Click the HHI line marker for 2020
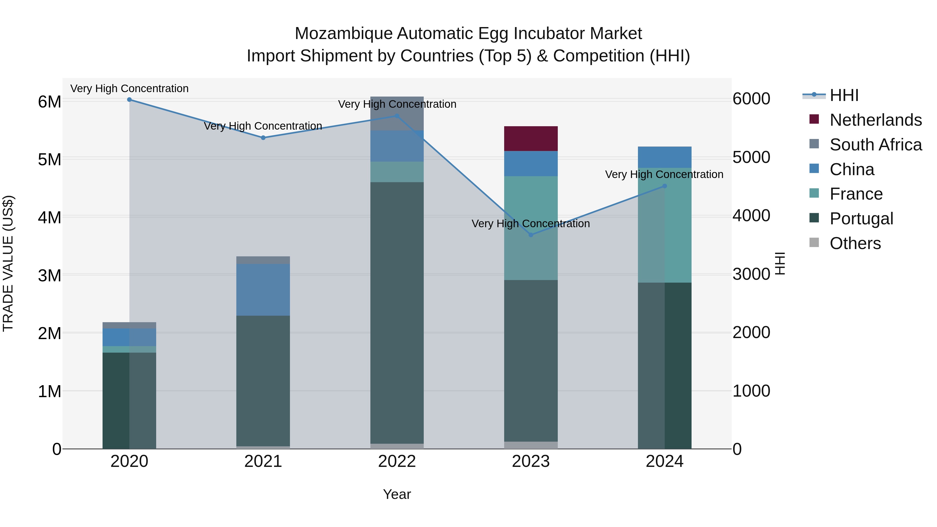[130, 100]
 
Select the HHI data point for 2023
[531, 235]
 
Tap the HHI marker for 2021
[263, 138]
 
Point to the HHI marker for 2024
[664, 186]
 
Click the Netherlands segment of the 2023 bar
[531, 138]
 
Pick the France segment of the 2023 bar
[531, 228]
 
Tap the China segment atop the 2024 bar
[664, 157]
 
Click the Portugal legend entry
[861, 219]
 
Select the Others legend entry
[855, 243]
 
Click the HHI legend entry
[844, 95]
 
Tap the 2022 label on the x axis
[397, 461]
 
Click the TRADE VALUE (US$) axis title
[8, 263]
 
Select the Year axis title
[397, 494]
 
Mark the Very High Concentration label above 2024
[664, 175]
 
